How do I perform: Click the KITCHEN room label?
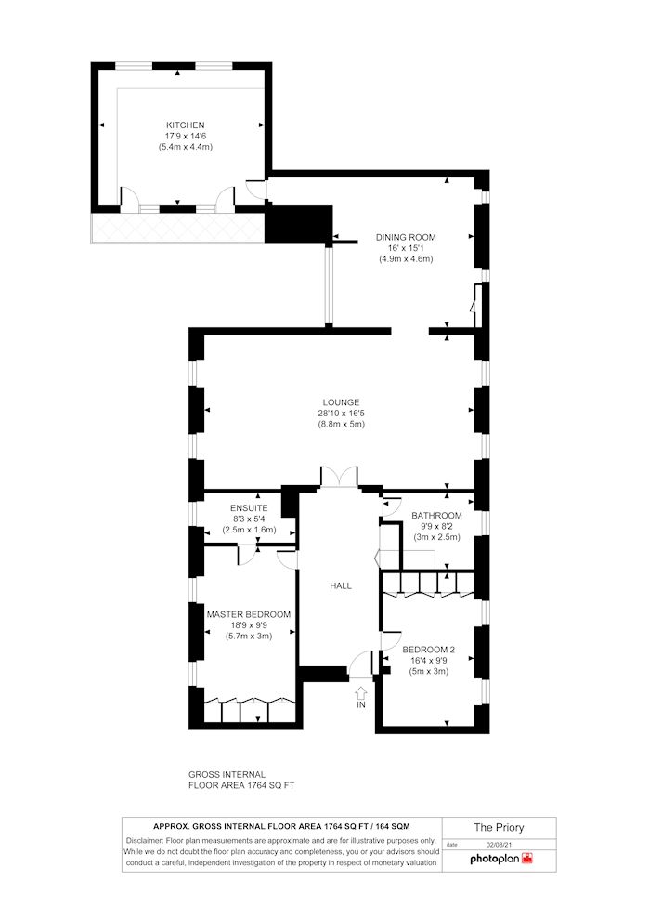click(x=186, y=125)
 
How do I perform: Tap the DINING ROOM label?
click(x=406, y=237)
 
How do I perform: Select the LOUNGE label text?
click(x=341, y=401)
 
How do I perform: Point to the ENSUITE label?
click(x=249, y=508)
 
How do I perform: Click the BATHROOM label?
click(x=436, y=516)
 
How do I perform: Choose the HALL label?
click(x=341, y=586)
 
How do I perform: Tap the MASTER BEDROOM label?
click(x=249, y=614)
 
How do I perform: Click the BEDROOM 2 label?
click(x=429, y=649)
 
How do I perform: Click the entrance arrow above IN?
click(x=361, y=693)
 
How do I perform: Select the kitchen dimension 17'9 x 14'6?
click(x=186, y=137)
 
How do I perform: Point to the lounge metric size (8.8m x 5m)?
click(x=341, y=424)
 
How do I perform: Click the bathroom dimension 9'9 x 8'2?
click(x=436, y=527)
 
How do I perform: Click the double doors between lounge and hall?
click(x=339, y=478)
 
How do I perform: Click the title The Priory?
click(x=499, y=827)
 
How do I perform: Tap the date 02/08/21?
click(x=499, y=845)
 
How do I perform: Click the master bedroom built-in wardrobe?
click(x=250, y=711)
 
